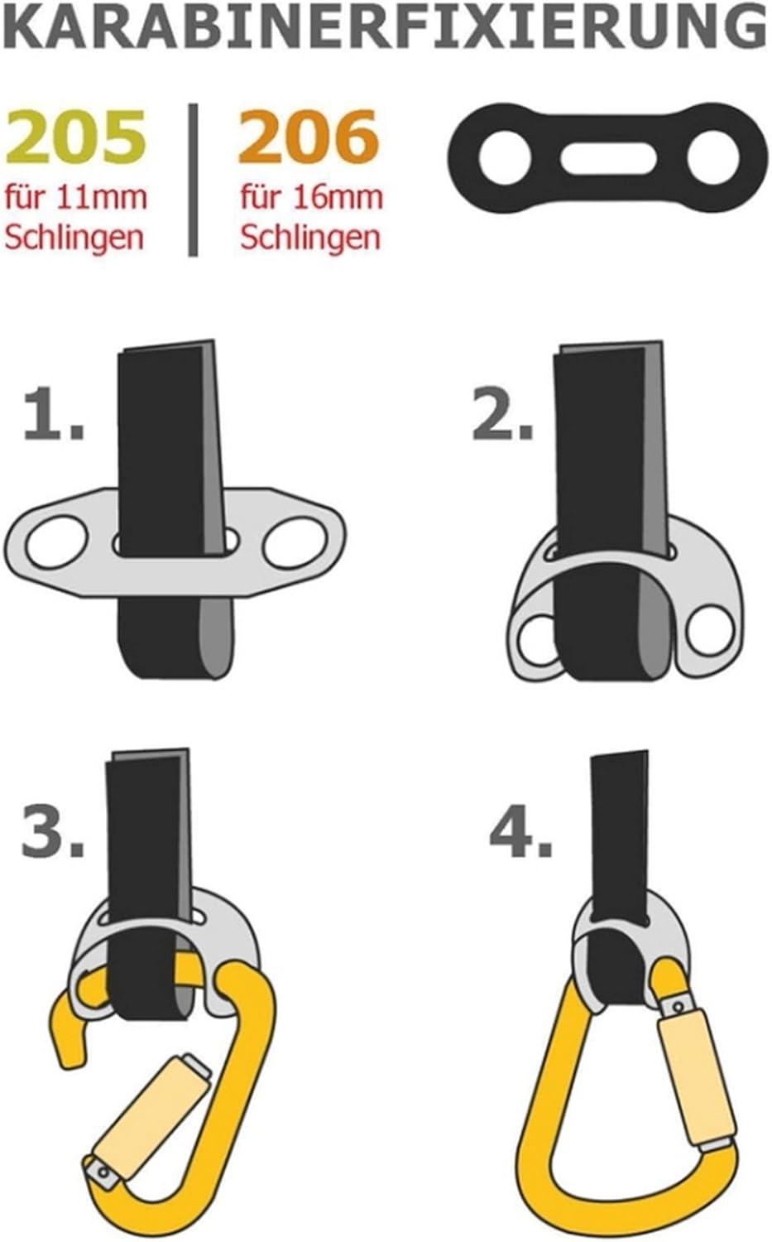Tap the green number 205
(77, 137)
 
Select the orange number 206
(308, 137)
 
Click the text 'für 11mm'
(76, 198)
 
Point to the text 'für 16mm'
(312, 198)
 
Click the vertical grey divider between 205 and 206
(194, 179)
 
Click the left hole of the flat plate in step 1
(56, 544)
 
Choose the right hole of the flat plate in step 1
(293, 544)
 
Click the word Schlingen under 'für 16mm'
(310, 238)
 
